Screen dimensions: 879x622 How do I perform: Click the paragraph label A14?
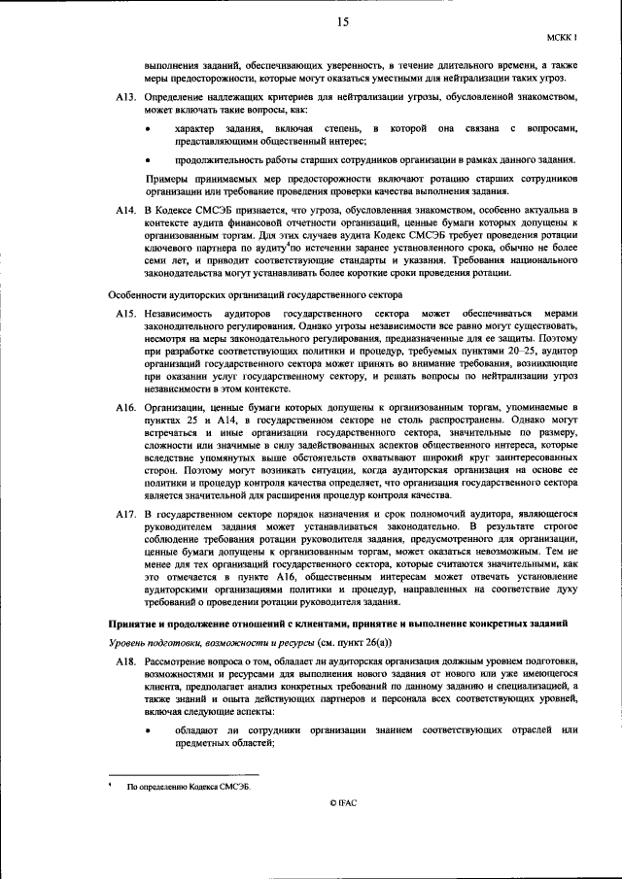pyautogui.click(x=123, y=210)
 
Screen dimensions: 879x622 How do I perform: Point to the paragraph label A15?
pyautogui.click(x=123, y=314)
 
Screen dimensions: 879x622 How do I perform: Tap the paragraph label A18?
pyautogui.click(x=123, y=660)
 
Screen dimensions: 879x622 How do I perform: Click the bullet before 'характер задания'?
pyautogui.click(x=148, y=129)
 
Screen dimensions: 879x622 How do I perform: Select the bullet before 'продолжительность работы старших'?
pyautogui.click(x=148, y=159)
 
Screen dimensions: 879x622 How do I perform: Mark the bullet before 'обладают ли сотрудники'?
pyautogui.click(x=148, y=729)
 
